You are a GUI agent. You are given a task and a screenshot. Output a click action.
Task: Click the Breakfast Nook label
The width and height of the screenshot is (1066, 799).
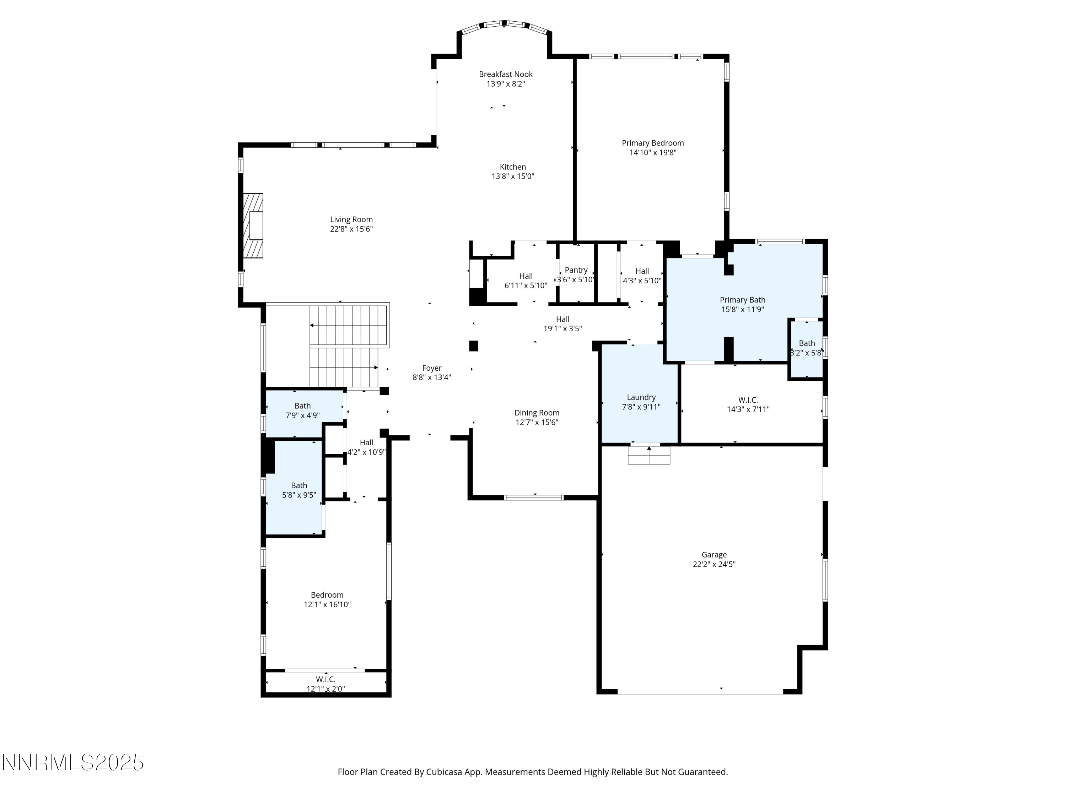[x=506, y=74]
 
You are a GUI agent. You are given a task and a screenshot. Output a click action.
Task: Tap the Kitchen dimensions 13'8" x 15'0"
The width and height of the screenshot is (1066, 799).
[x=513, y=176]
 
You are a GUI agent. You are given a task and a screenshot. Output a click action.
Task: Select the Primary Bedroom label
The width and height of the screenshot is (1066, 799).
[x=652, y=143]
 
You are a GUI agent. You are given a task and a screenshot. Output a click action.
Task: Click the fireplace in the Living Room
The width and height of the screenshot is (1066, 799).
[x=253, y=226]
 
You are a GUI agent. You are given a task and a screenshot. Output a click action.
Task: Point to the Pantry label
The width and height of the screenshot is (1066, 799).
[x=576, y=270]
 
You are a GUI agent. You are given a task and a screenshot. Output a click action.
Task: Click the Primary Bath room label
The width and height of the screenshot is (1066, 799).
[x=742, y=300]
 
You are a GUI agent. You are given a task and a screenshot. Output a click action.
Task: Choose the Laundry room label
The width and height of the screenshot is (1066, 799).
[x=641, y=397]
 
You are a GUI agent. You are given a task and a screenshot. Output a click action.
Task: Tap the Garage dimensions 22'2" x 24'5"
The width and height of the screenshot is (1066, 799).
[x=714, y=565]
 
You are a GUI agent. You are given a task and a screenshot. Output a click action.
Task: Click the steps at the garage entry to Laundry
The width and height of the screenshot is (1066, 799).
[x=648, y=455]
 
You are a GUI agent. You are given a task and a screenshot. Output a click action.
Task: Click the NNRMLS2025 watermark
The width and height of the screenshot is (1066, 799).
[x=73, y=762]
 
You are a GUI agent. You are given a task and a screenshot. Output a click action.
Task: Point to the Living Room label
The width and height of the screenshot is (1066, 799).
[x=351, y=219]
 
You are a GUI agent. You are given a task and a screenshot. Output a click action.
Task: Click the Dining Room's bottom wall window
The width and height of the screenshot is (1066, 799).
[x=533, y=498]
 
